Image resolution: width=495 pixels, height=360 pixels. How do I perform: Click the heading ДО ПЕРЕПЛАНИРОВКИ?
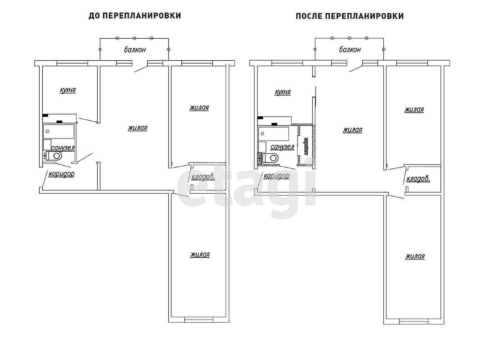(x=135, y=16)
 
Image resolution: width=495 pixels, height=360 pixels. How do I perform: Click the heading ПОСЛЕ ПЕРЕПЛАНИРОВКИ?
(x=350, y=16)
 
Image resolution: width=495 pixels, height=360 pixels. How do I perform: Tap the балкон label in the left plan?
(x=135, y=50)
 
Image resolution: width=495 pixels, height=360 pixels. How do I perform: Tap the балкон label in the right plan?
(x=350, y=50)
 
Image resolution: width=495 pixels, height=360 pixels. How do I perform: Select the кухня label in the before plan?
(x=68, y=90)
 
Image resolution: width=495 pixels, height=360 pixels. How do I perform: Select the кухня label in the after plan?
(x=283, y=92)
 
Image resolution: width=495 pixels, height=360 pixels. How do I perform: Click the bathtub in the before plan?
(x=59, y=131)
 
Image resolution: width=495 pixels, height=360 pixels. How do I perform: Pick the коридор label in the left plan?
(x=61, y=174)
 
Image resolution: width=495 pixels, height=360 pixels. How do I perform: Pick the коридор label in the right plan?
(x=276, y=176)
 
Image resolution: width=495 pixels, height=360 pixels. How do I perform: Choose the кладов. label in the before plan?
(x=203, y=177)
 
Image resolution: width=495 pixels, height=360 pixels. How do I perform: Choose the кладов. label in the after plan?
(x=418, y=179)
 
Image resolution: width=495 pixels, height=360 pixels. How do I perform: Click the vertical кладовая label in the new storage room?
(x=306, y=146)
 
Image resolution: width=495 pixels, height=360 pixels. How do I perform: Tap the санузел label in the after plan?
(x=282, y=147)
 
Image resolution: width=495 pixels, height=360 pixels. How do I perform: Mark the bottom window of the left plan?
(x=199, y=320)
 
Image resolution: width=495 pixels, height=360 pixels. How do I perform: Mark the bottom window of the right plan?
(x=414, y=322)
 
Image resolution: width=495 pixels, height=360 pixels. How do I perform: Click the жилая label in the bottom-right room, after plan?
(x=415, y=256)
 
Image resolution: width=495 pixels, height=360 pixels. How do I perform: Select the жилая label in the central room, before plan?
(x=137, y=128)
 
